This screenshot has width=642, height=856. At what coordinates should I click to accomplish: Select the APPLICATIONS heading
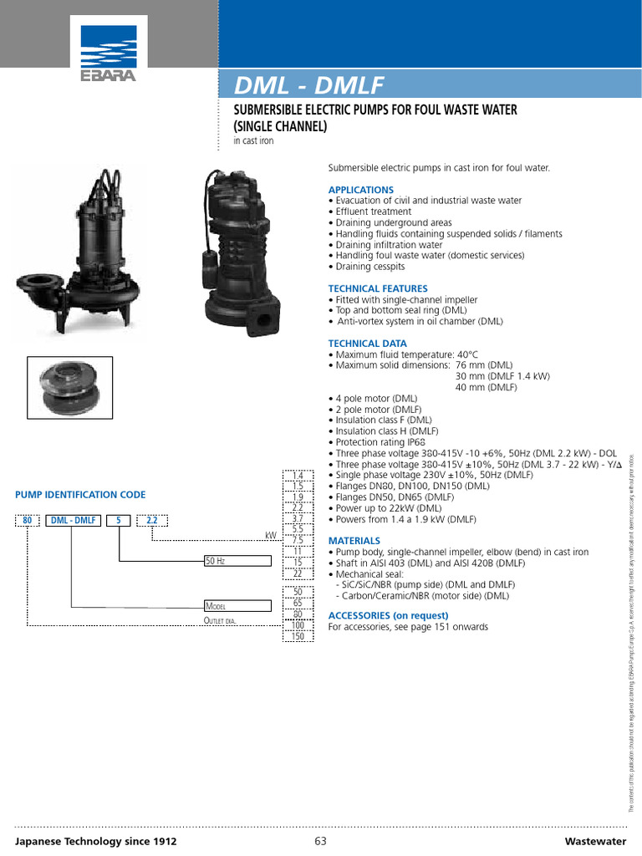(x=360, y=190)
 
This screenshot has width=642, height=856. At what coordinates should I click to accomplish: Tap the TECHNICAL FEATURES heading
(x=378, y=288)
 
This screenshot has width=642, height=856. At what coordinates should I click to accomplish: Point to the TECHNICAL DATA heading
(x=368, y=344)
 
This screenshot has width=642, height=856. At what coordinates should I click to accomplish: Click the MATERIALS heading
(x=354, y=541)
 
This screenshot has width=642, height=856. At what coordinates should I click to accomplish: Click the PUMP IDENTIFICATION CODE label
(x=80, y=495)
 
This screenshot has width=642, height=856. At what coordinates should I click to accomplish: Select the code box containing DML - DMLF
(x=74, y=520)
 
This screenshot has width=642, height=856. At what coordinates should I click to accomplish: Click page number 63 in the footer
(x=320, y=841)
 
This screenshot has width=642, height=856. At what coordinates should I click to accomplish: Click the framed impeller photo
(x=71, y=387)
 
